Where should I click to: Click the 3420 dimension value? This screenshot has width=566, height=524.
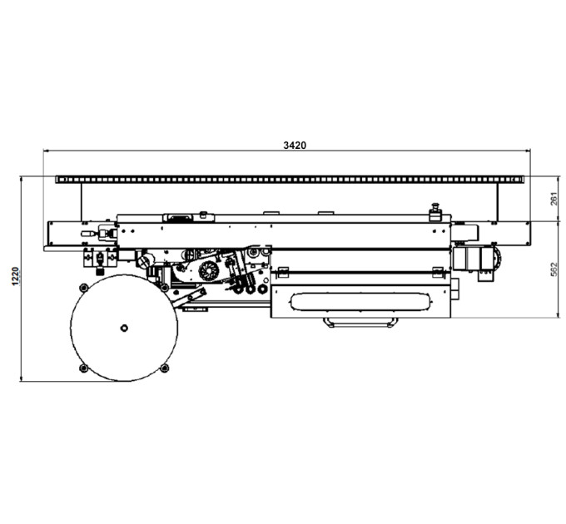tap(295, 146)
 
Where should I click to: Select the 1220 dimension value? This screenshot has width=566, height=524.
tap(15, 276)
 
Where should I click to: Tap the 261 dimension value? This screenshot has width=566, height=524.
tap(554, 199)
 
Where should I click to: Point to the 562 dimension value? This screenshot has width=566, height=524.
tap(554, 269)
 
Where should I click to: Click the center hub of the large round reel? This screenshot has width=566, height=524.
tap(124, 329)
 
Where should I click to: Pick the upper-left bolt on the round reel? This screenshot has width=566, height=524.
tap(84, 288)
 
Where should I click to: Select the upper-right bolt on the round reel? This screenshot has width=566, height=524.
tap(164, 288)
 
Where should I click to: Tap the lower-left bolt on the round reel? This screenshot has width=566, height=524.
tap(84, 368)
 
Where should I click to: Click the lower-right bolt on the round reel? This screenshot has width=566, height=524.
tap(164, 368)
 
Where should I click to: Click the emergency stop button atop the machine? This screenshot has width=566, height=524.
tap(435, 212)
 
